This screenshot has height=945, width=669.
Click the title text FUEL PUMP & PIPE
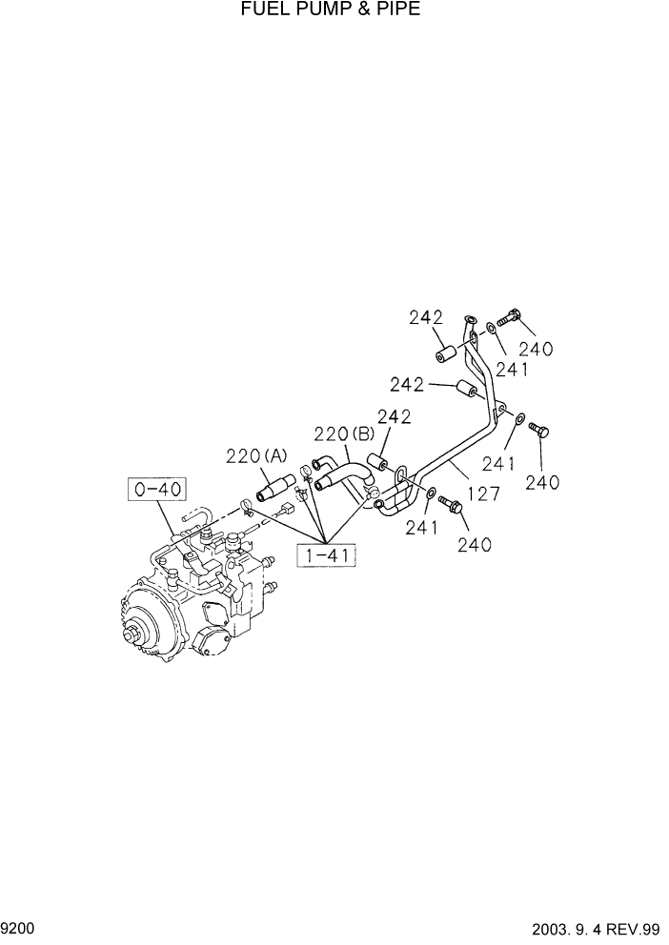[330, 10]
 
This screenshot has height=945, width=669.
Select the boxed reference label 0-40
[157, 491]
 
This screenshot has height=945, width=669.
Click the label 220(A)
[255, 456]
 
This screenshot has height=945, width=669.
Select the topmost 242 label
[428, 319]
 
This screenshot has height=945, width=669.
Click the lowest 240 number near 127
[474, 545]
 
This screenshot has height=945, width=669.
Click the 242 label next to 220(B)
[394, 415]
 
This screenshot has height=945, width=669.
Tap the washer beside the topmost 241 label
[488, 329]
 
